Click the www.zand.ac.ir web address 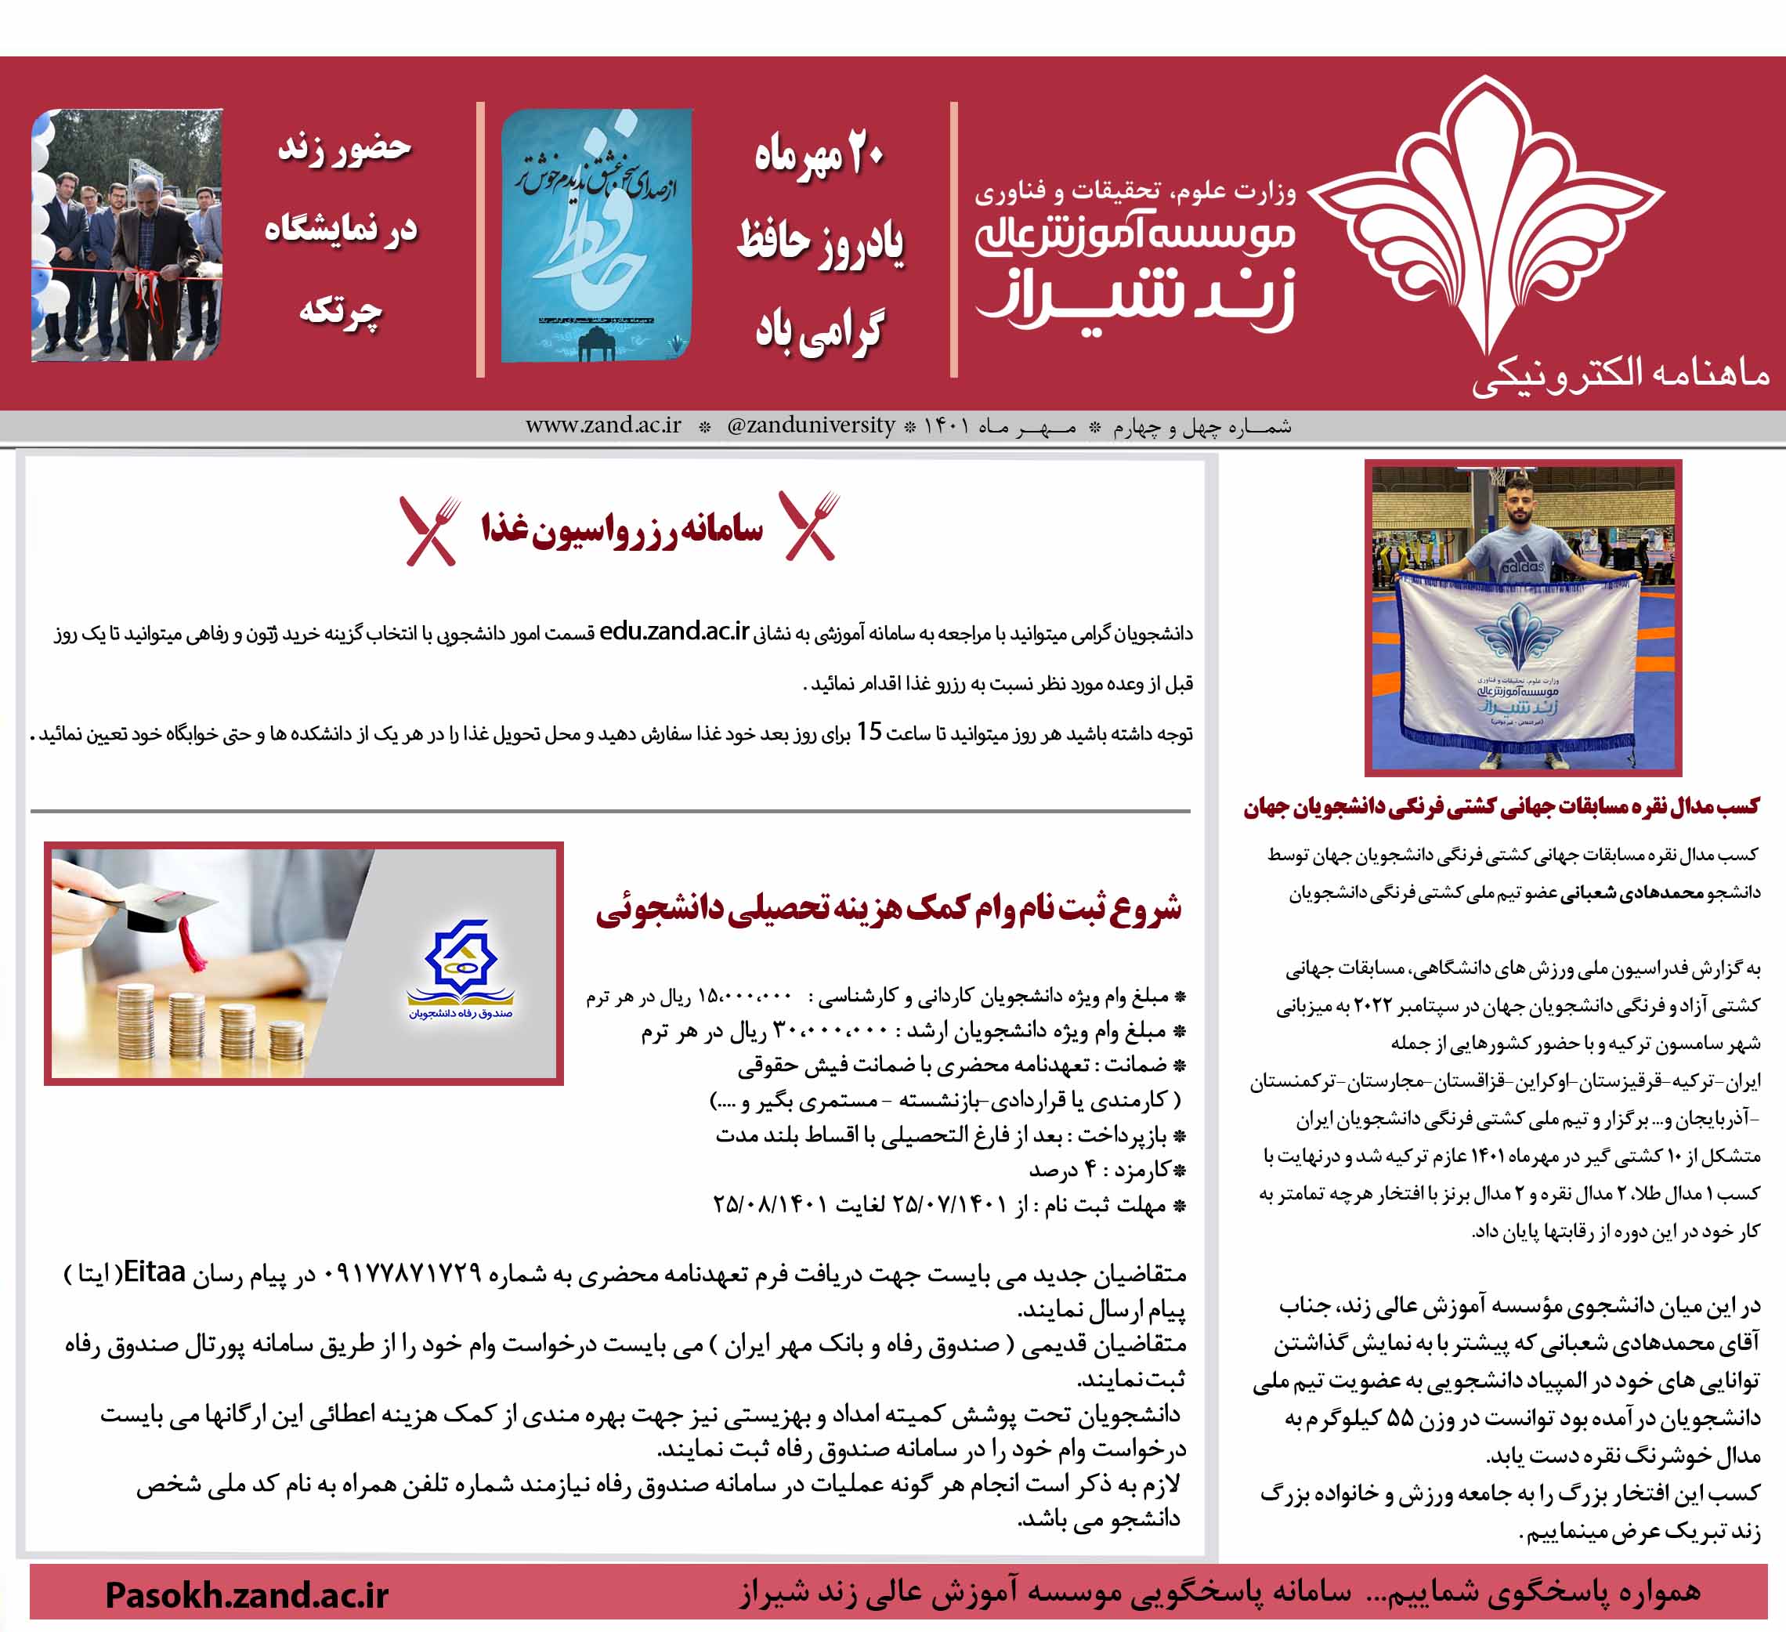pos(603,425)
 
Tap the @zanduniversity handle pos(811,425)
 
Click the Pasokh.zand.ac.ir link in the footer pos(246,1595)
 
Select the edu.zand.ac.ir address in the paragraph pos(674,631)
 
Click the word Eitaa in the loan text pos(154,1272)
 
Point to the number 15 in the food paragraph pos(869,732)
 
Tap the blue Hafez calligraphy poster pos(596,235)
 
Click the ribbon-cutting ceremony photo pos(127,235)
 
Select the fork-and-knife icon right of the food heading pos(809,526)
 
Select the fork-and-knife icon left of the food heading pos(431,530)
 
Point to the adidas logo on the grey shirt pos(1522,564)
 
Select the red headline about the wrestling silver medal pos(1501,806)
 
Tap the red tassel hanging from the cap pos(189,943)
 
